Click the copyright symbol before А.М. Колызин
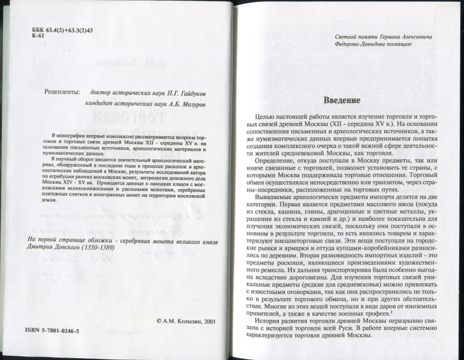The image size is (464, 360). coord(158,321)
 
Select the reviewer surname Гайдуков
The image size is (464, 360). coord(194,93)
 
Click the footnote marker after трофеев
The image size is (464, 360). coord(392,310)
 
